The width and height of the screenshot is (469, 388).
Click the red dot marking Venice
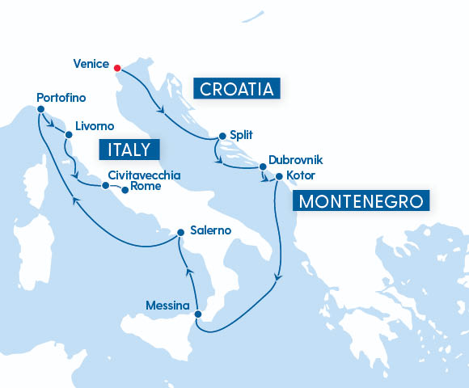coord(117,68)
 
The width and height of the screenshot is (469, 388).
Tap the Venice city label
coord(91,64)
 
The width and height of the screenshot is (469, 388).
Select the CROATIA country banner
coord(236,87)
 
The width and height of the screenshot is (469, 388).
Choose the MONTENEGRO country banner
coord(361,200)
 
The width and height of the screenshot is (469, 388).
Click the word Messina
coord(167,306)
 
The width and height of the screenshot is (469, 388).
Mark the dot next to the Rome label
coord(125,191)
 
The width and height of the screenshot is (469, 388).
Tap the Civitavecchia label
coord(143,175)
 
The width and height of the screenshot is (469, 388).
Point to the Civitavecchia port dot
coord(105,185)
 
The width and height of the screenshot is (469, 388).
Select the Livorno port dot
coord(68,126)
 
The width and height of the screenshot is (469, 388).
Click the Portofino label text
coord(61,98)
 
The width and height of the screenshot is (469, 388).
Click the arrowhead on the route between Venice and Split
coord(163,110)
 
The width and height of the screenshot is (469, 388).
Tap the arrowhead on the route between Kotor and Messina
coord(277,279)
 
